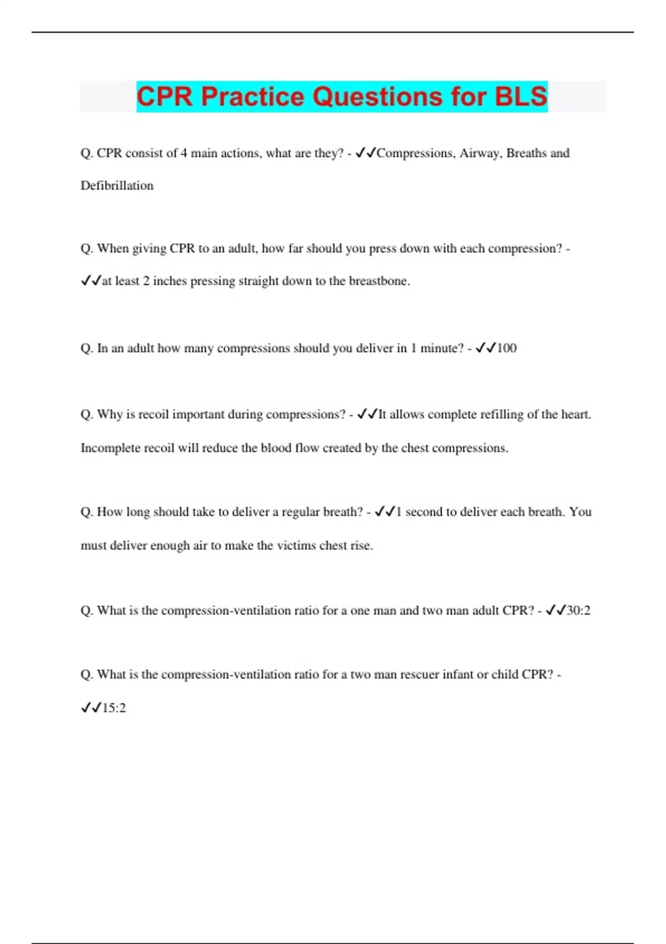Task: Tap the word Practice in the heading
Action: point(253,97)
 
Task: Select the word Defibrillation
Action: point(117,185)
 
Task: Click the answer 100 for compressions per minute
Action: point(506,348)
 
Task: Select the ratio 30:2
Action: point(578,611)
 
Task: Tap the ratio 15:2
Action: point(114,708)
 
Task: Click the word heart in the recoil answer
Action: point(575,415)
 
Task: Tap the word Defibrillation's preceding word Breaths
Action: point(526,153)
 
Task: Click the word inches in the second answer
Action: point(170,281)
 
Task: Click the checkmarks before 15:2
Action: point(91,708)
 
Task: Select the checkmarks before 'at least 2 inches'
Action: point(91,281)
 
